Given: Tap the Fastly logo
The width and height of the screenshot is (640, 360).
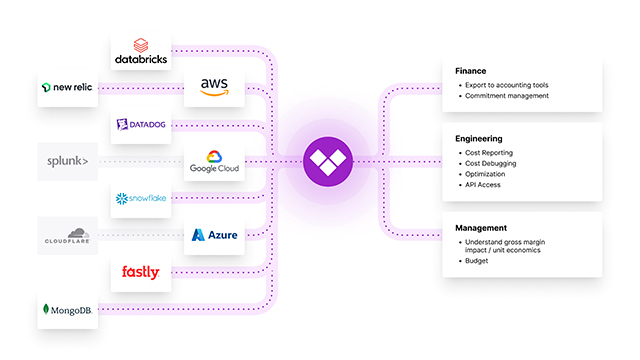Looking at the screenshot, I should pyautogui.click(x=140, y=272).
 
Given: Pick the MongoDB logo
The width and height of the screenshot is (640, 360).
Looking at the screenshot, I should pyautogui.click(x=70, y=310).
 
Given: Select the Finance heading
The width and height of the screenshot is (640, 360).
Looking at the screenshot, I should pyautogui.click(x=470, y=70).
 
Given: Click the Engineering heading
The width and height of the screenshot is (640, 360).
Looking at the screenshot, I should pyautogui.click(x=478, y=138).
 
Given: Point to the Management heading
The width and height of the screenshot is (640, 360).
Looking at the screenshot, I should pyautogui.click(x=479, y=227).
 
